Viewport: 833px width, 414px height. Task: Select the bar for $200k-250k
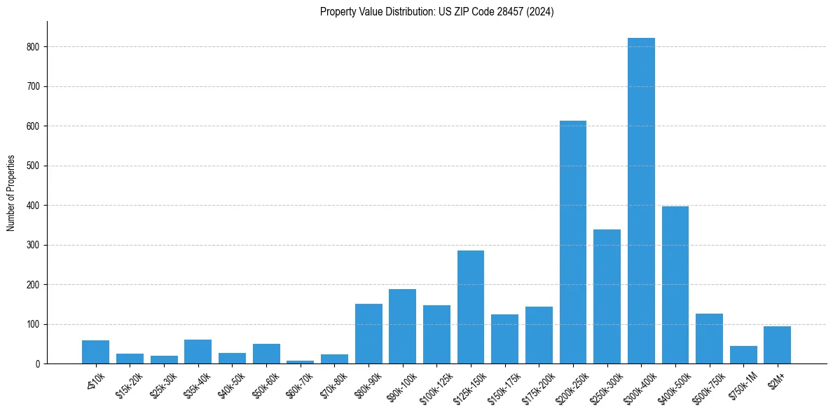pos(572,243)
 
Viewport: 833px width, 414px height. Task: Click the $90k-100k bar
pos(402,326)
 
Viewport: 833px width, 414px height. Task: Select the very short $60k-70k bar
pos(300,362)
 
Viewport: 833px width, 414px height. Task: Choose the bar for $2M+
pos(777,345)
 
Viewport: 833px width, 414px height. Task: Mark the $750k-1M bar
pos(743,355)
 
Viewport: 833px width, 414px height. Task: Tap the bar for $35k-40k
pos(198,352)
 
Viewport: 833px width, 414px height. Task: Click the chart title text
pos(437,12)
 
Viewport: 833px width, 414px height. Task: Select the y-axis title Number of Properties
pos(11,193)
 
